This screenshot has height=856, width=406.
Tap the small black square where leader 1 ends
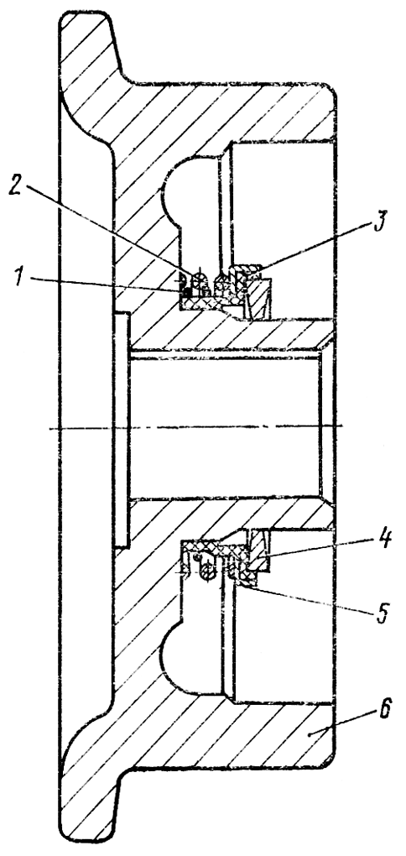coord(186,293)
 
